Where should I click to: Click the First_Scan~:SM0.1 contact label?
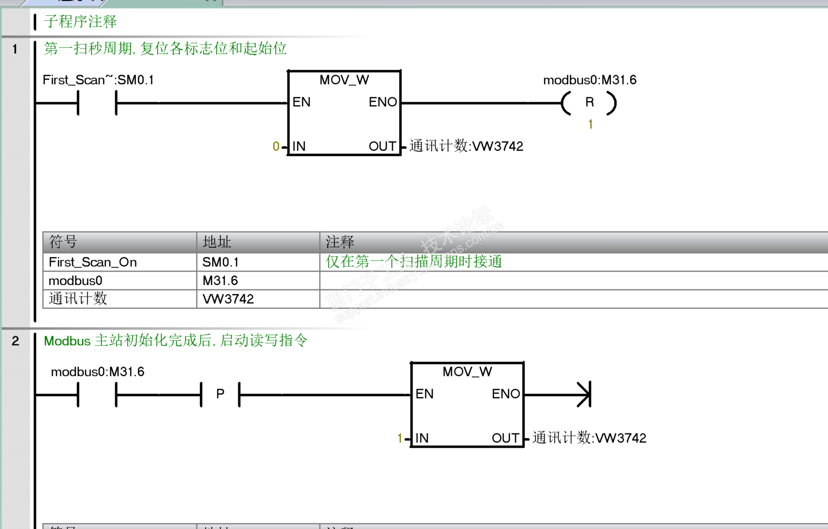click(98, 80)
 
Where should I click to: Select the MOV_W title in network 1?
click(344, 80)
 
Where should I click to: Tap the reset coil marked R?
click(589, 102)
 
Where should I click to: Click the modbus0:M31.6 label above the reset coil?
click(589, 80)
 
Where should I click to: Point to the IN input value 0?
click(276, 146)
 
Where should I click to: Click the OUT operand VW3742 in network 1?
click(466, 146)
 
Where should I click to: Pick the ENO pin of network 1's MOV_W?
click(382, 102)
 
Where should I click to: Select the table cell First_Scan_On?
click(93, 262)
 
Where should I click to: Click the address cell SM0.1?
click(220, 262)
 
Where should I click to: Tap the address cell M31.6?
click(220, 281)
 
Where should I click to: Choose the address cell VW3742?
click(228, 299)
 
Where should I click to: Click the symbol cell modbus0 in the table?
click(75, 281)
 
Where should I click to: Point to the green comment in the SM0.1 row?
click(414, 262)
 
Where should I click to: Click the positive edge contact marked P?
click(220, 394)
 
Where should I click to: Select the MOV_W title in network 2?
click(467, 371)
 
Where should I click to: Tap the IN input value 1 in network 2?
click(400, 438)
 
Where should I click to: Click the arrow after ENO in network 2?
click(583, 394)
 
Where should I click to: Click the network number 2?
click(15, 341)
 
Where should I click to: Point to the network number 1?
click(15, 49)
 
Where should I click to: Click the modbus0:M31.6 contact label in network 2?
click(97, 371)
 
